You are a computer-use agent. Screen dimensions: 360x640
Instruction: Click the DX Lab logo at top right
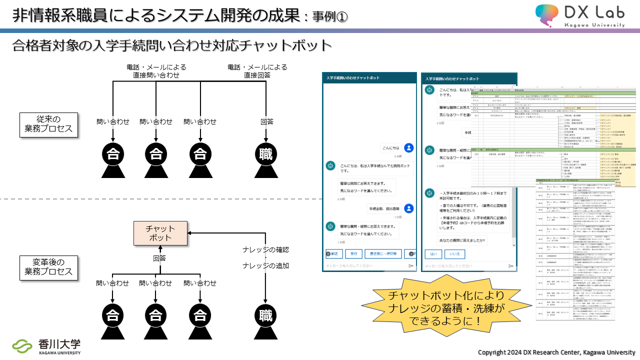(580, 15)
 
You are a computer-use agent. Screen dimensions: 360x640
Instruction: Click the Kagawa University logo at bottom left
(46, 346)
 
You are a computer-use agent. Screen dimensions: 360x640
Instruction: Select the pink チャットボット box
(160, 233)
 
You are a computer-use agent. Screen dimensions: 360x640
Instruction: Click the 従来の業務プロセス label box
(49, 124)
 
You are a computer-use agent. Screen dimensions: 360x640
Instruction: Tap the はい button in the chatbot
(433, 254)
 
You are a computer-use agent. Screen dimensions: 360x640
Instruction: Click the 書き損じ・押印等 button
(383, 254)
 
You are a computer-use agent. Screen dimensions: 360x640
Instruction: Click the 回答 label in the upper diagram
(266, 121)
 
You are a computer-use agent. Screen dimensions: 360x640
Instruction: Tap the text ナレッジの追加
(265, 265)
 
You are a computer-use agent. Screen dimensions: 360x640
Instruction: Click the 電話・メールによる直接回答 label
(257, 71)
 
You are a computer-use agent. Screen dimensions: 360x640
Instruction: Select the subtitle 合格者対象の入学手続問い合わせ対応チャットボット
(172, 45)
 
